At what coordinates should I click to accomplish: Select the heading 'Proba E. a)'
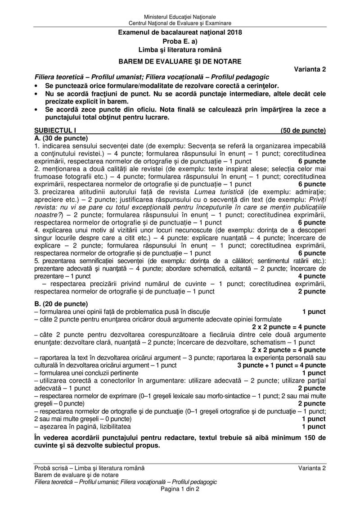(x=180, y=41)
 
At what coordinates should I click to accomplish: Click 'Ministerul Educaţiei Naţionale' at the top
(x=180, y=17)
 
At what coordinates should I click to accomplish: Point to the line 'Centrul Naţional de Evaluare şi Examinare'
(x=180, y=23)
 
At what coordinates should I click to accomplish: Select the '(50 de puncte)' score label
(x=303, y=131)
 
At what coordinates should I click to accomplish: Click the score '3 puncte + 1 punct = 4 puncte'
(x=281, y=365)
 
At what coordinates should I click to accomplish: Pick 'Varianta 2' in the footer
(x=312, y=468)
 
